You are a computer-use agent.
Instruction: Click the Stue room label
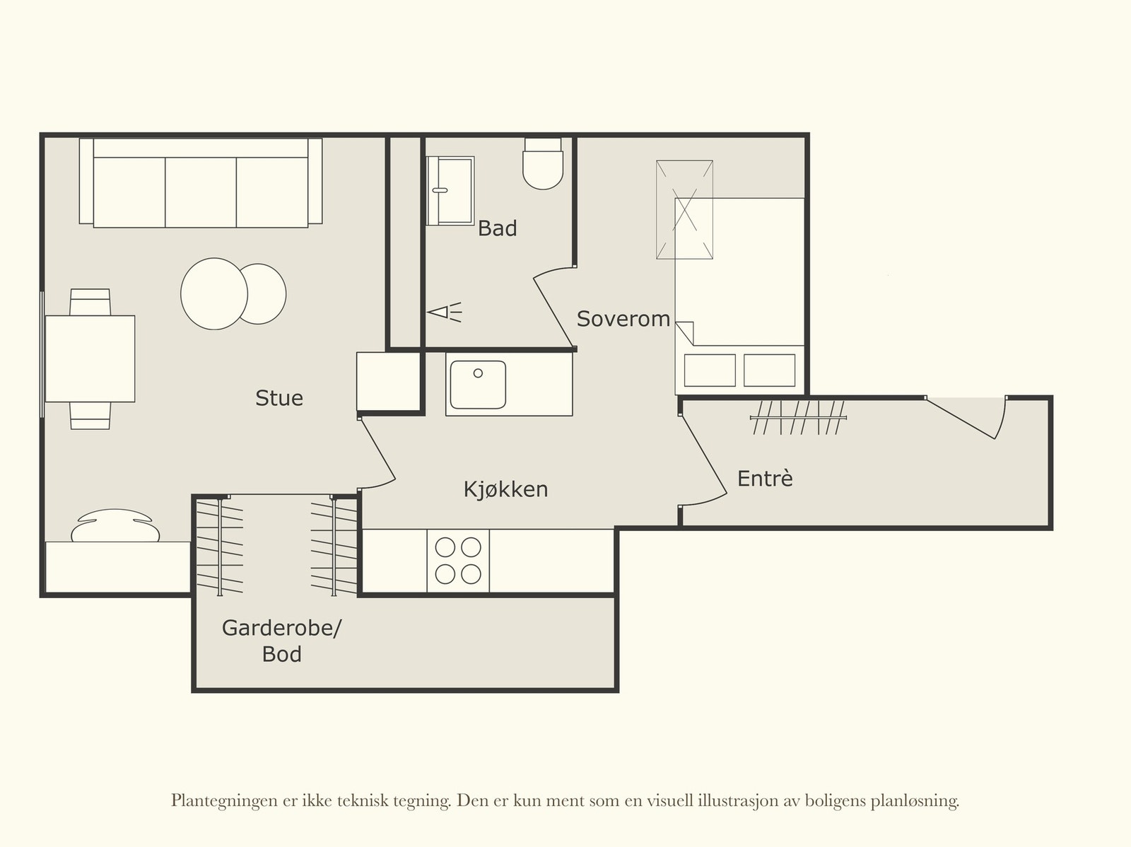coord(279,398)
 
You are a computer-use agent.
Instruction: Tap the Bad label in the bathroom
coord(497,228)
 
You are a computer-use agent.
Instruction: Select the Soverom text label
coord(623,319)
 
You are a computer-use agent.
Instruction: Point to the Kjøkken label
coord(505,489)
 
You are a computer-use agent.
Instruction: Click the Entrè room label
coord(765,479)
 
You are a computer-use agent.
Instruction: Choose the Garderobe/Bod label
coord(281,641)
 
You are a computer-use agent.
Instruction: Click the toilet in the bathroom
coord(543,165)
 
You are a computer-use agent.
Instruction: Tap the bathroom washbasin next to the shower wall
coord(450,189)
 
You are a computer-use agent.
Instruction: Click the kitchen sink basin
coord(478,384)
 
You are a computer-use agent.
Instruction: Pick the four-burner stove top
coord(458,561)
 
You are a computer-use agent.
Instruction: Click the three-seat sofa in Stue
coord(201,185)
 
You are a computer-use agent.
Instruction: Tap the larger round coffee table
coord(213,293)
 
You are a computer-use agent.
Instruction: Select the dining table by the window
coord(90,358)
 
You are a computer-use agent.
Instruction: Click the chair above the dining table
coord(90,302)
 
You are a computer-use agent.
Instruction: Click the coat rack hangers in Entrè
coord(797,417)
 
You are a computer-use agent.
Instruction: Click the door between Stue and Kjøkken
coord(377,454)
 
